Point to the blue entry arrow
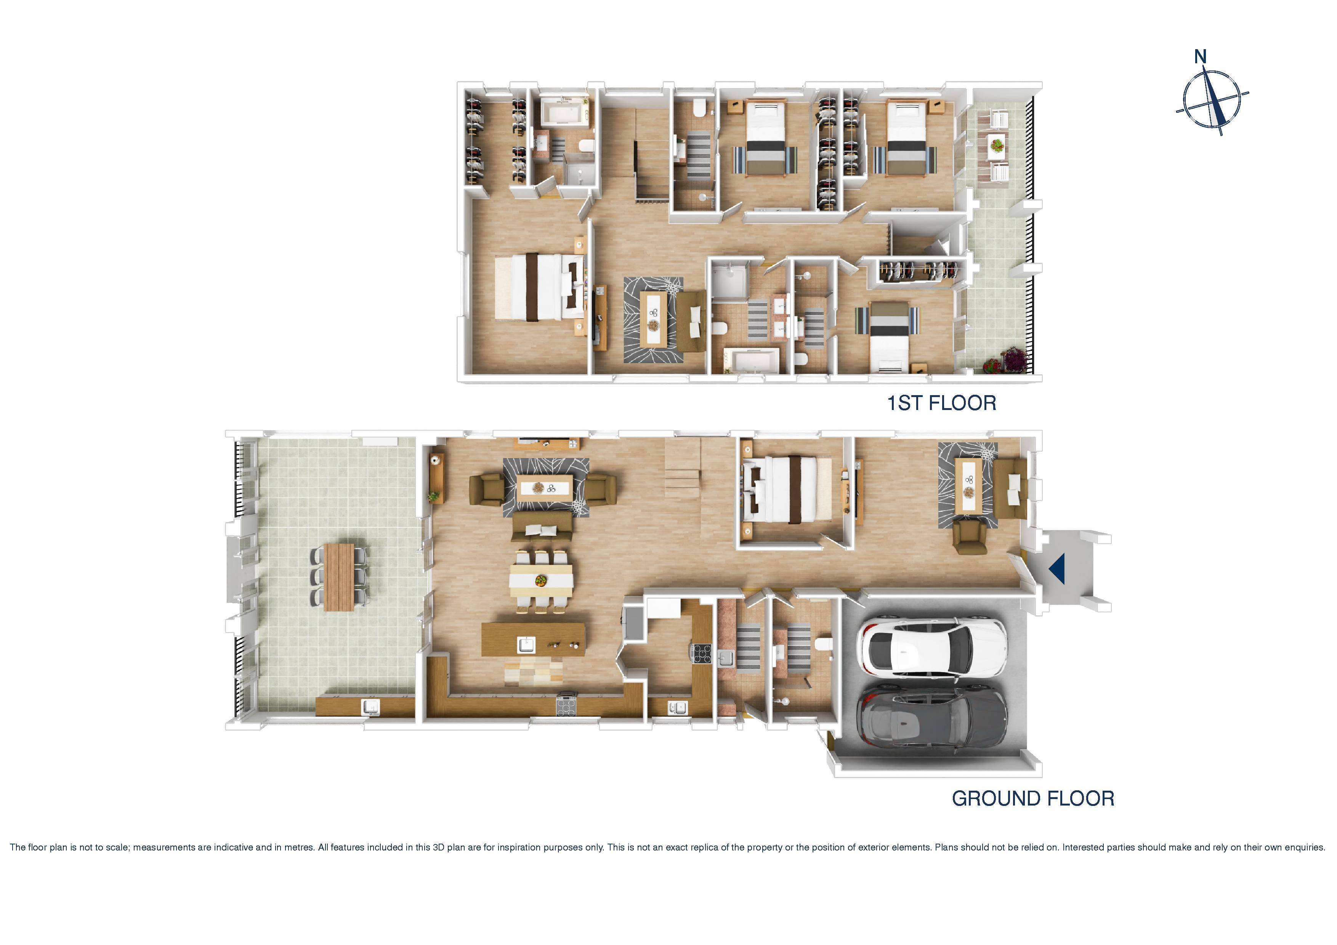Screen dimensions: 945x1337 click(1056, 569)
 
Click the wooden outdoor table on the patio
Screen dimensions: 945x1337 click(339, 577)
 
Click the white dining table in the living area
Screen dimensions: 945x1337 click(541, 580)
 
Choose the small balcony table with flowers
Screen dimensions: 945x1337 click(997, 143)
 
